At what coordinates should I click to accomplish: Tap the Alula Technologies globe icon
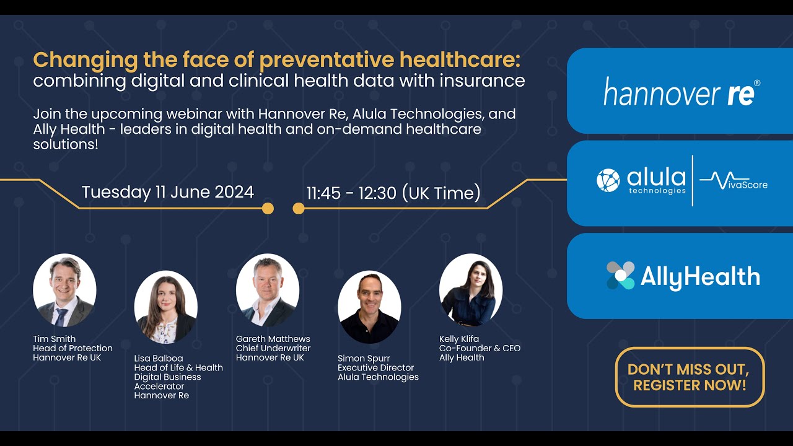tap(608, 180)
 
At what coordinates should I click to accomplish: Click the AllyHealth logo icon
tap(620, 276)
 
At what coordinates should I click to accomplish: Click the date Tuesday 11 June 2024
tap(168, 192)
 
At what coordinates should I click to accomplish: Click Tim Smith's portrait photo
tap(64, 290)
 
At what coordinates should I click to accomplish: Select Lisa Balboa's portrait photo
tap(166, 307)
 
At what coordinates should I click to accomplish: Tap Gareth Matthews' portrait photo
tap(268, 290)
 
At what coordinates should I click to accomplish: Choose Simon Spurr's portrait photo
tap(369, 307)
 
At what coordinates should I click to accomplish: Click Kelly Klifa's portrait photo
tap(471, 290)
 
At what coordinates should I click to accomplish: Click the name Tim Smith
tap(55, 339)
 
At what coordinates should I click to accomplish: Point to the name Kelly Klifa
tap(459, 339)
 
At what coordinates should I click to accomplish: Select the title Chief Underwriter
tap(273, 348)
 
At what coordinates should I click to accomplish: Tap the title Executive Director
tap(375, 367)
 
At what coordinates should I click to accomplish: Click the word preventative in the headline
tap(326, 61)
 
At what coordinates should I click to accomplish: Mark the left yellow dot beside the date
tap(268, 208)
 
